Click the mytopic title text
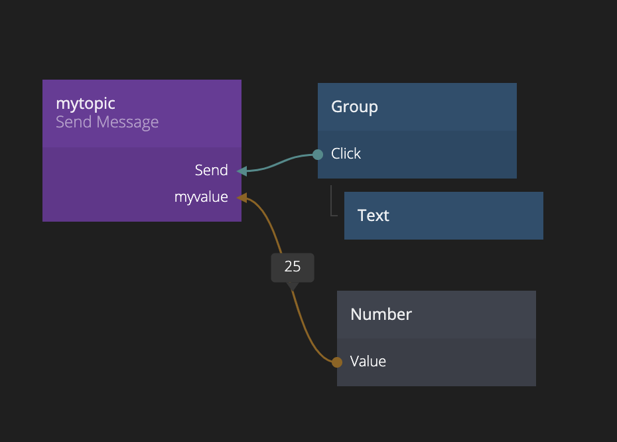point(86,104)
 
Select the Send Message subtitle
point(107,122)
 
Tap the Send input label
point(211,171)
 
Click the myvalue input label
point(201,197)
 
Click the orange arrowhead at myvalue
point(241,197)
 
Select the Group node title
point(354,107)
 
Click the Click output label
point(346,154)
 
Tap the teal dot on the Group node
point(318,155)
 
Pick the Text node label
point(373,216)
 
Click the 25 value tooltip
point(293,267)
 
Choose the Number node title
point(381,315)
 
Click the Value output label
point(368,362)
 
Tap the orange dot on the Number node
point(337,362)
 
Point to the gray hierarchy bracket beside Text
point(332,202)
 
